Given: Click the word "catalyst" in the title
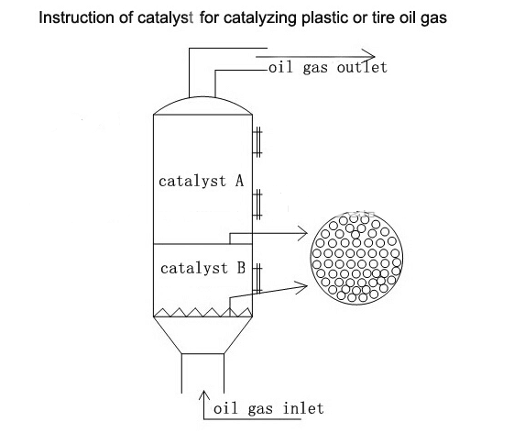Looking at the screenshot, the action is [x=166, y=17].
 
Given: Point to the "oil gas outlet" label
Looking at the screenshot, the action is [x=328, y=67].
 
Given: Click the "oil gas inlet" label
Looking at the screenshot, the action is [x=268, y=408].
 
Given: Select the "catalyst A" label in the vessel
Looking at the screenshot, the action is [x=202, y=181].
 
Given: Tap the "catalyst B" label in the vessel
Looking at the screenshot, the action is [x=202, y=268].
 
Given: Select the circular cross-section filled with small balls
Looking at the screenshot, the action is [x=356, y=259].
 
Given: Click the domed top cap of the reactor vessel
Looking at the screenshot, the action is [x=202, y=98].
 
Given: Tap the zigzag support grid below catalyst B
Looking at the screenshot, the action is [x=202, y=312].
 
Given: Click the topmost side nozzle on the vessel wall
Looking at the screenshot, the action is [x=257, y=142].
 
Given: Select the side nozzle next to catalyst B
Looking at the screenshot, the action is [x=257, y=279].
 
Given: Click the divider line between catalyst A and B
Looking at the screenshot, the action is [x=202, y=244].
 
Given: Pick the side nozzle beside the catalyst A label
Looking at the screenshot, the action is [x=257, y=204].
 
